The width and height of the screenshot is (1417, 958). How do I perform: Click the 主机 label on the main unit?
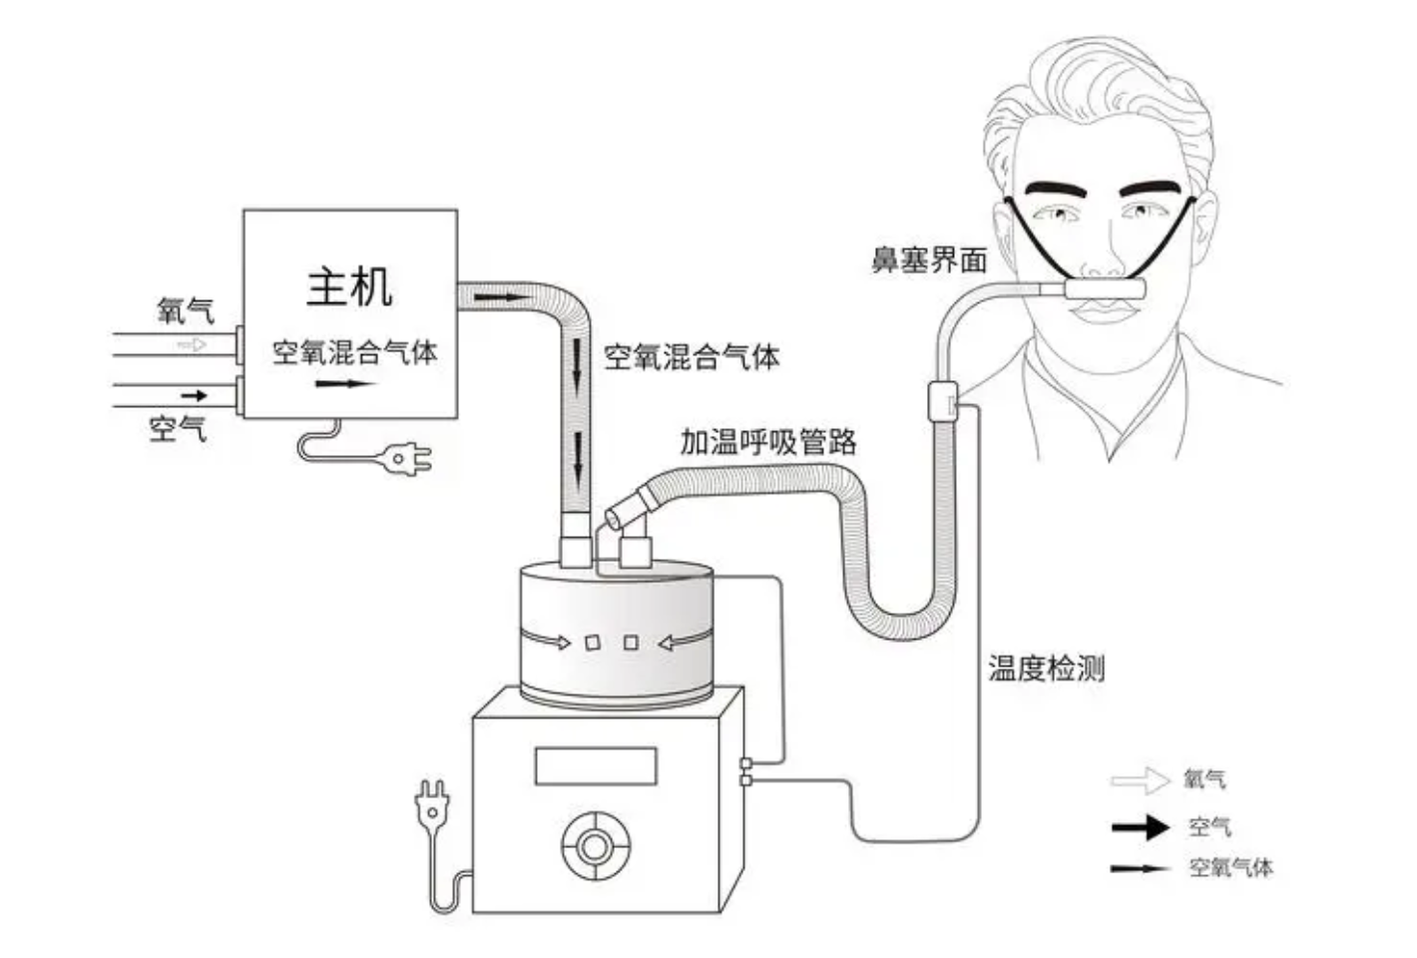(x=349, y=286)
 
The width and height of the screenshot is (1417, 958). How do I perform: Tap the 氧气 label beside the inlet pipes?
(x=186, y=310)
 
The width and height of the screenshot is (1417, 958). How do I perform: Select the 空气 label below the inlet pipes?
(x=178, y=429)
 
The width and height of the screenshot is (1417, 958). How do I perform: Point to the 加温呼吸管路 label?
(x=768, y=442)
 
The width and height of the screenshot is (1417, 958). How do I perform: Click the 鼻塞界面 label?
(x=929, y=261)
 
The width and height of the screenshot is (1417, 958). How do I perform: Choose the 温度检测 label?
(x=1046, y=668)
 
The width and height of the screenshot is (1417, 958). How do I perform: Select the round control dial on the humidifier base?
(x=595, y=847)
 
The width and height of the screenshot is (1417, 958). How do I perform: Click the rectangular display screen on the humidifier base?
(x=596, y=766)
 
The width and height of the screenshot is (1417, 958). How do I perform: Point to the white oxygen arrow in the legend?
(x=1140, y=780)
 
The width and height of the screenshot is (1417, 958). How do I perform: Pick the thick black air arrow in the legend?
(x=1140, y=826)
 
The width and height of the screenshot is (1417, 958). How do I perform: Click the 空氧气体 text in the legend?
(x=1230, y=868)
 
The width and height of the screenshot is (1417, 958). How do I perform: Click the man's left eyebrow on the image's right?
(x=1159, y=188)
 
